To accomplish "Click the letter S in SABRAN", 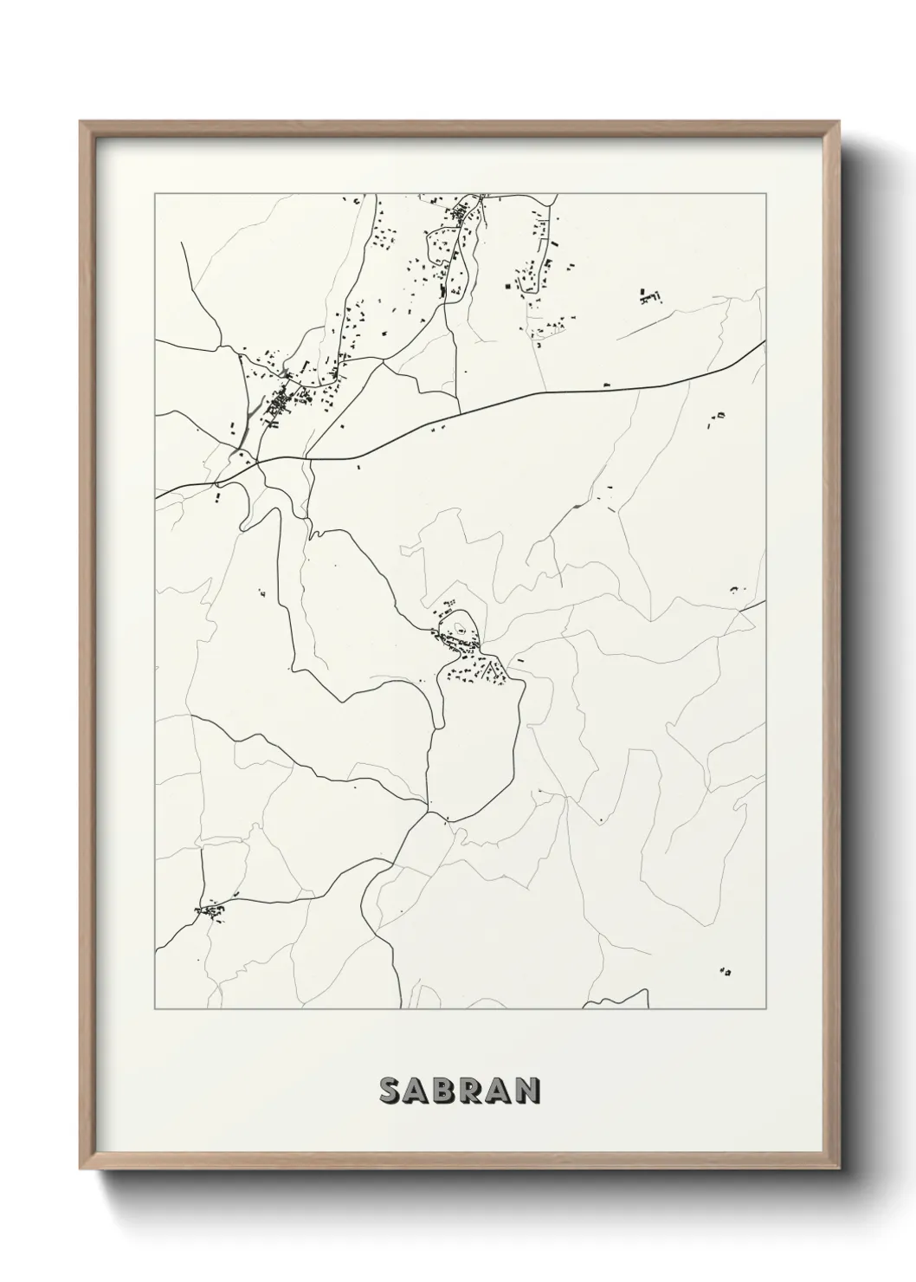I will point(389,1091).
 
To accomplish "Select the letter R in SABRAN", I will point(473,1091).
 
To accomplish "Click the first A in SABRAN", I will point(416,1091).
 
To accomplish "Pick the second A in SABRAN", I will point(500,1091).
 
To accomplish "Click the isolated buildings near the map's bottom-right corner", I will point(726,972).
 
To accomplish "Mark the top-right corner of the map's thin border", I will point(765,194).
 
